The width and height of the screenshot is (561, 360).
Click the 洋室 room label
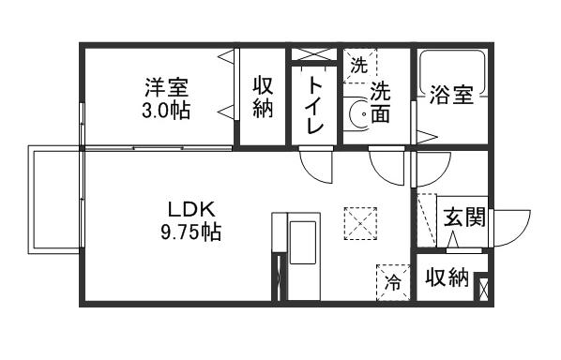tap(167, 89)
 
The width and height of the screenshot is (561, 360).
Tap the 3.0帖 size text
tap(167, 111)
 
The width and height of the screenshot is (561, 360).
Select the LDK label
tap(191, 208)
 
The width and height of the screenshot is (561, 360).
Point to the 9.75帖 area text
tap(190, 231)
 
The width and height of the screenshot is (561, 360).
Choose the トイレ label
tap(313, 105)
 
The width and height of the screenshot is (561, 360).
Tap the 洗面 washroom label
tap(380, 103)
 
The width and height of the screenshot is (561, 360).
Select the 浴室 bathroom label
tap(450, 96)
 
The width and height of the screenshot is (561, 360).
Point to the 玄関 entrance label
tap(463, 219)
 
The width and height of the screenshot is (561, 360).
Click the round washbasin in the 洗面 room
tap(357, 115)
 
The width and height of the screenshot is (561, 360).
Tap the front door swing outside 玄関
tap(510, 228)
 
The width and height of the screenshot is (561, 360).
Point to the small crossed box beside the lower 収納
tap(482, 287)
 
